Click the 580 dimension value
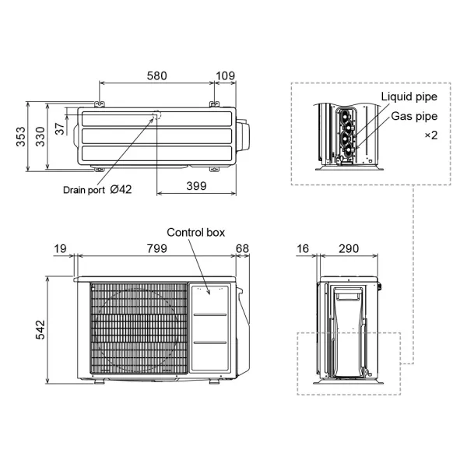(x=156, y=75)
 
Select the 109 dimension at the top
(x=225, y=75)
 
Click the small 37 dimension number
(x=61, y=125)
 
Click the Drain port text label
(x=84, y=189)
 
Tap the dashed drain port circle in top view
(x=156, y=115)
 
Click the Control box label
(x=196, y=233)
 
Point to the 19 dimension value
(x=61, y=248)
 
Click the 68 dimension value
(x=242, y=248)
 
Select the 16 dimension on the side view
(x=304, y=248)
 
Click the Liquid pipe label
(x=409, y=97)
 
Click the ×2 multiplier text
(x=430, y=135)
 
